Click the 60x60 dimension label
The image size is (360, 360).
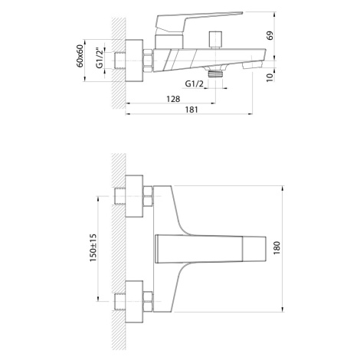(x=80, y=56)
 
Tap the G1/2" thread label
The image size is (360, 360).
(x=100, y=58)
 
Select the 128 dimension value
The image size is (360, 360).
(x=173, y=99)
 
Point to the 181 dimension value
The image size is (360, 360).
(x=191, y=110)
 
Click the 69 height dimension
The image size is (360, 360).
(x=270, y=35)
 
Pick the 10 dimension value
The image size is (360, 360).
(x=270, y=77)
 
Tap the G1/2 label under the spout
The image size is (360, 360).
(x=195, y=83)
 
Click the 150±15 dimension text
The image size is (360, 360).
(x=93, y=247)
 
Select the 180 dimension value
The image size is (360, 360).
(x=277, y=247)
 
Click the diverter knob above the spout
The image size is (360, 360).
(x=215, y=40)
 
